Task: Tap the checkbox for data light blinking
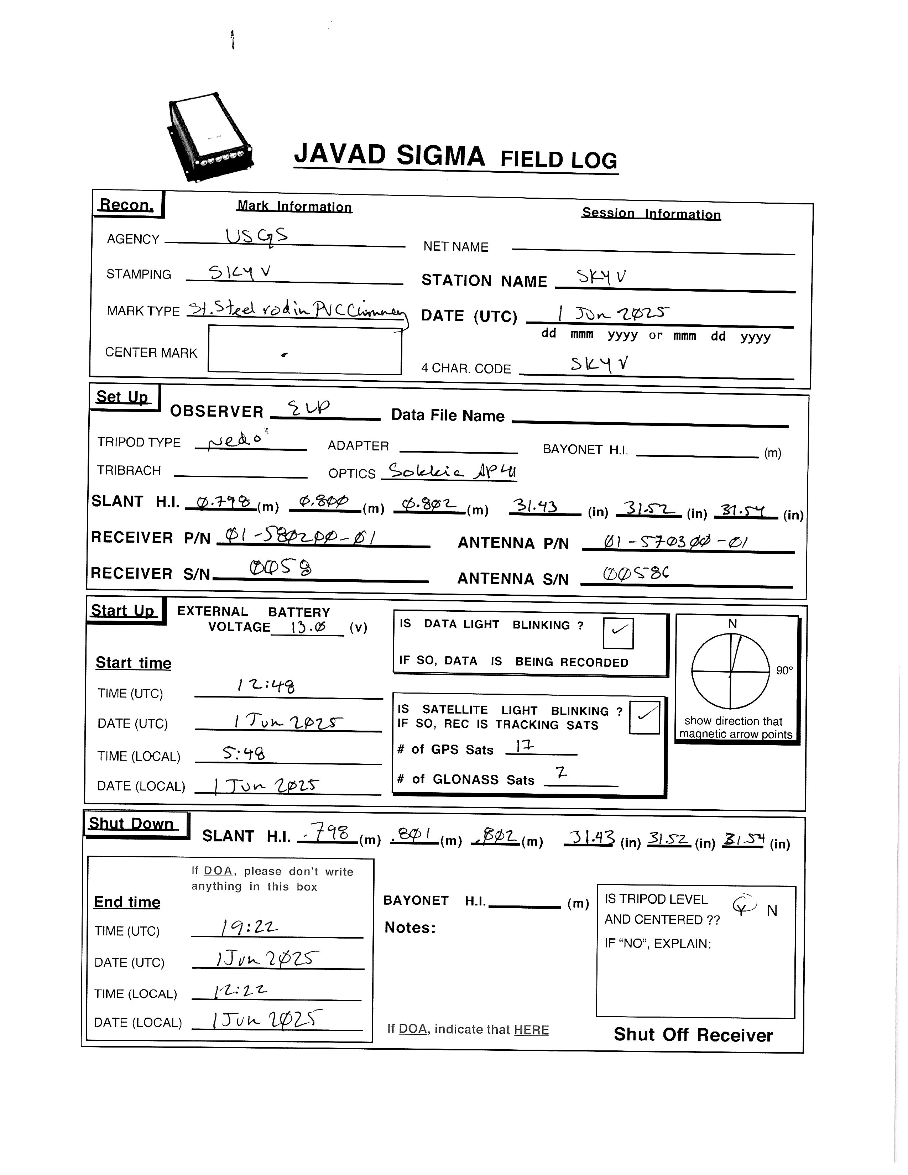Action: click(x=618, y=633)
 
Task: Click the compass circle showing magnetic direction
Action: click(x=730, y=672)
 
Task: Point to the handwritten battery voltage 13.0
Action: click(x=308, y=627)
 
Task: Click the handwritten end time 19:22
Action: click(x=249, y=927)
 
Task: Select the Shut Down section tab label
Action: click(x=132, y=824)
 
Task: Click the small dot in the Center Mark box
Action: click(x=285, y=354)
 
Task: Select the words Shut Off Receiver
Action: click(x=693, y=1035)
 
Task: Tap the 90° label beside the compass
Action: click(x=784, y=670)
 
